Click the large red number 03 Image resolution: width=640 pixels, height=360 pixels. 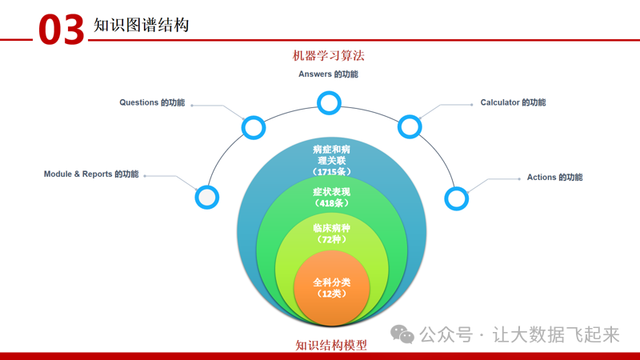pos(62,30)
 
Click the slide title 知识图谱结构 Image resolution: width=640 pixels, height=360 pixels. pos(141,25)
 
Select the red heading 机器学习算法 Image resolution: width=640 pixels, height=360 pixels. pos(329,55)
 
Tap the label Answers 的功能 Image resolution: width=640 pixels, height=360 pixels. pos(328,74)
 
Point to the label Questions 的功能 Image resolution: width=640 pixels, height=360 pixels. pos(152,102)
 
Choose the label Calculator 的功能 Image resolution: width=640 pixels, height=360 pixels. pos(513,102)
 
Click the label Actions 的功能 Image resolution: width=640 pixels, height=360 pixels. pos(554,177)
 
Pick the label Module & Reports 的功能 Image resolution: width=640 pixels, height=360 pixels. pos(91,174)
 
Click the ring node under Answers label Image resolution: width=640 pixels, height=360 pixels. pos(329,102)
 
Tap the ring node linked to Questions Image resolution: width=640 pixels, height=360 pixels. pos(254,126)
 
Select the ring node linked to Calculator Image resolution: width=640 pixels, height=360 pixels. pos(409,126)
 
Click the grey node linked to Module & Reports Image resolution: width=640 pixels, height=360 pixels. pos(206,196)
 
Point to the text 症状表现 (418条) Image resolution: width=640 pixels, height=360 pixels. pos(331,197)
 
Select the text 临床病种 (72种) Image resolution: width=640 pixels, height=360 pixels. pos(331,234)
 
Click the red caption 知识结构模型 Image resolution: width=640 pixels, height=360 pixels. pos(331,346)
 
